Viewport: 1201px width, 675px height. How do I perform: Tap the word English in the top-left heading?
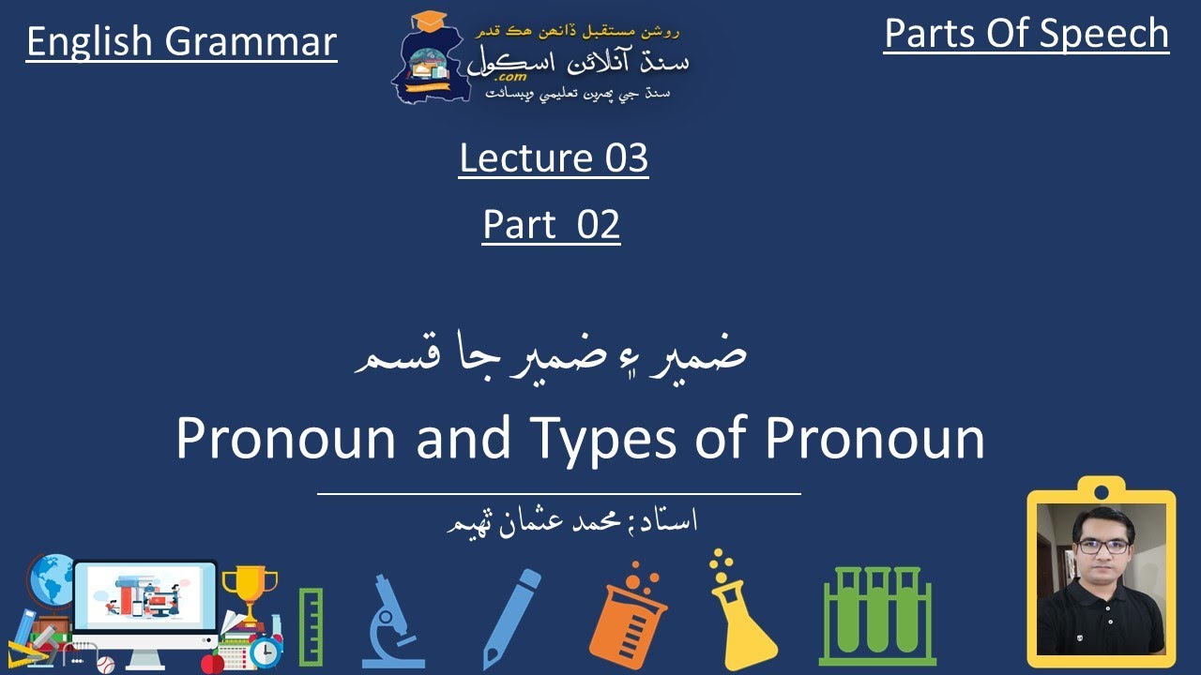coord(89,42)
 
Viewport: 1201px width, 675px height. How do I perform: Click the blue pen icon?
coord(511,618)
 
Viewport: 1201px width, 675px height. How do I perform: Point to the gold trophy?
coord(250,590)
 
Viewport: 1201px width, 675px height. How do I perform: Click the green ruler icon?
coord(311,626)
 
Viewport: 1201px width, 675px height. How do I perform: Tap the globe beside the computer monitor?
coord(53,581)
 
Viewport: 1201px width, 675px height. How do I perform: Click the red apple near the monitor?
coord(213,663)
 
